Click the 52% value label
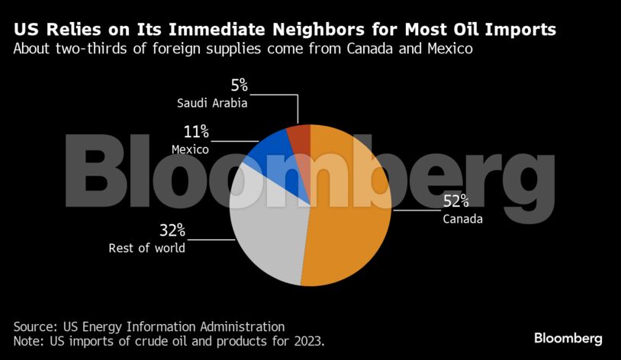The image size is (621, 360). pos(456,202)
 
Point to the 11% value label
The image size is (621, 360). pos(195,132)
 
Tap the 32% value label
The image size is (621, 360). pos(172,230)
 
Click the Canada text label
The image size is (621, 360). pos(462,220)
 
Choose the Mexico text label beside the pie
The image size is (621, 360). pos(190,149)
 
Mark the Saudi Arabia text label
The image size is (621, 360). pos(212,103)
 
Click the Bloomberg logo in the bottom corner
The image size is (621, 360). pos(568,338)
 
